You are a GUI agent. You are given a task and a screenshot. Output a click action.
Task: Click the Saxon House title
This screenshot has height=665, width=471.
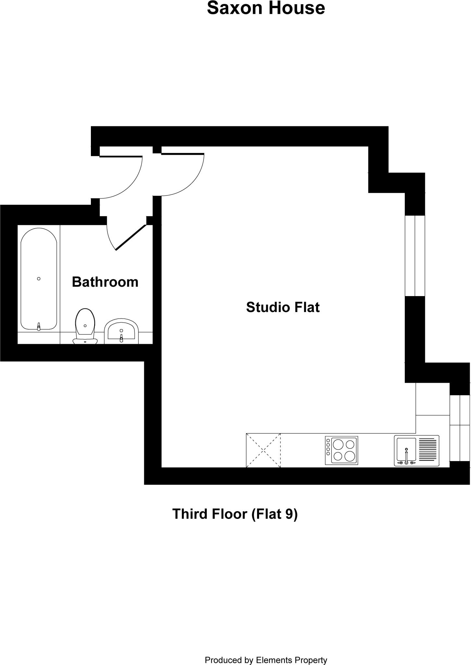[x=266, y=8]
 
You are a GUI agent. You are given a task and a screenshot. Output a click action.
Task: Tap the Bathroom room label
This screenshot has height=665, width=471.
[x=105, y=282]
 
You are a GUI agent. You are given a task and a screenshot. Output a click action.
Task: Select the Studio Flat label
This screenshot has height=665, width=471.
[x=283, y=307]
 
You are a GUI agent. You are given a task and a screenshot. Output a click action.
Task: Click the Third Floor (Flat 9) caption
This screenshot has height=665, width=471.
[x=235, y=514]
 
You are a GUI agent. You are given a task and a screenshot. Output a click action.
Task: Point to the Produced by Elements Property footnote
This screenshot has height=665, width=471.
[x=266, y=651]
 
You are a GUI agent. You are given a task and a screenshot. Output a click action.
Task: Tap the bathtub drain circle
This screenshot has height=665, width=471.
[x=39, y=279]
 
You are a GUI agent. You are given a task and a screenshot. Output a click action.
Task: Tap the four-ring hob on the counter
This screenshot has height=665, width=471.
[x=341, y=450]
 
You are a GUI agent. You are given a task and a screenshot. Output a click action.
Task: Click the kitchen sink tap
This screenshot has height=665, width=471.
[x=406, y=456]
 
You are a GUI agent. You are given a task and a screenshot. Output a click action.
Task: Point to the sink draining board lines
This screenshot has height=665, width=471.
[x=428, y=450]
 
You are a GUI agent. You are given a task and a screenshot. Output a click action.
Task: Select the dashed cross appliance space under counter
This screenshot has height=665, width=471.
[x=263, y=450]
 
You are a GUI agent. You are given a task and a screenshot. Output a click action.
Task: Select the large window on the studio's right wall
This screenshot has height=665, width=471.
[x=415, y=256]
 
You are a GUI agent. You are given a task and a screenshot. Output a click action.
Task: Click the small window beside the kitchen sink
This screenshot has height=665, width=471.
[x=460, y=428]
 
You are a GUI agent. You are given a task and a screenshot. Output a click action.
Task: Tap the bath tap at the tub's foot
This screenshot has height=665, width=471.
[x=39, y=326]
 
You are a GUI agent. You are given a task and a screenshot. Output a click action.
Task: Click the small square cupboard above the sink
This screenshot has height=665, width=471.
[x=432, y=399]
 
